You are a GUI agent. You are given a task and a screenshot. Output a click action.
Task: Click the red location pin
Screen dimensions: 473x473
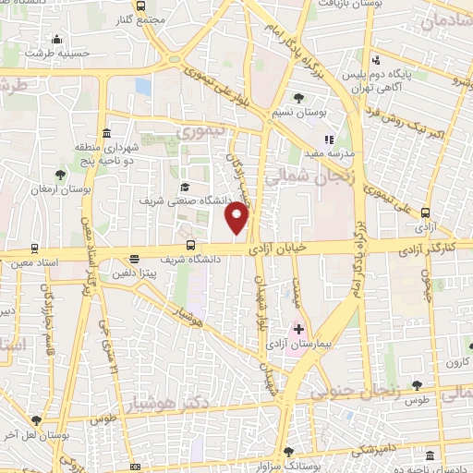click(237, 217)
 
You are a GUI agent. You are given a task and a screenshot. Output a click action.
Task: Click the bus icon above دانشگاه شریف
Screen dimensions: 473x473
click(191, 245)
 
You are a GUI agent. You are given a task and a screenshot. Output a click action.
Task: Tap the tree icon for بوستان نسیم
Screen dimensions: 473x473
click(297, 98)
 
